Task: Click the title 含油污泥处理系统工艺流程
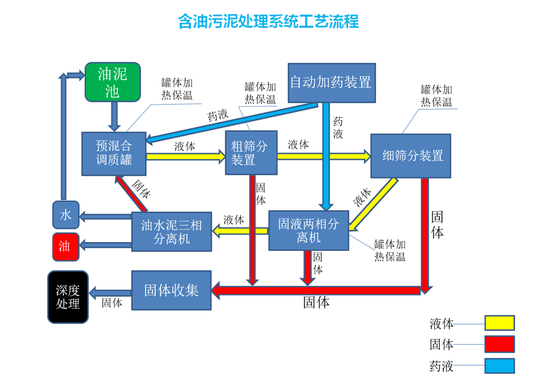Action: tap(268, 22)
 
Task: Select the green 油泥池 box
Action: tap(112, 82)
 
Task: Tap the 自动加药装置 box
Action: tap(331, 83)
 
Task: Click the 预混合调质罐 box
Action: tap(114, 153)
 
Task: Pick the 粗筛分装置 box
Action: tap(251, 153)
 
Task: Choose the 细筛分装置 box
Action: tap(410, 156)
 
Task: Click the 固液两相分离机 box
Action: tap(308, 230)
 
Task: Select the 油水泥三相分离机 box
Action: tap(171, 231)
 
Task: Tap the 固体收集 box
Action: tap(171, 290)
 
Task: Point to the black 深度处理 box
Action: tap(68, 297)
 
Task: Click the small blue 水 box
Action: tap(66, 215)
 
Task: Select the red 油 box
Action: tap(65, 246)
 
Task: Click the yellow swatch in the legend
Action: tap(499, 323)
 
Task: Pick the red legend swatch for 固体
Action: tap(499, 344)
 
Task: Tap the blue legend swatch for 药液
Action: tap(499, 366)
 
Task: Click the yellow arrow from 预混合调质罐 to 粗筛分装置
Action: tap(185, 157)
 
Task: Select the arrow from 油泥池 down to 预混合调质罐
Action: tap(115, 116)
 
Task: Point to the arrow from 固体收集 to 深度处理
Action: tap(110, 292)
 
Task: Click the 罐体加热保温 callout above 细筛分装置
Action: tap(437, 96)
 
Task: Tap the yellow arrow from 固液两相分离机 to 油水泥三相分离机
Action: tap(240, 231)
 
